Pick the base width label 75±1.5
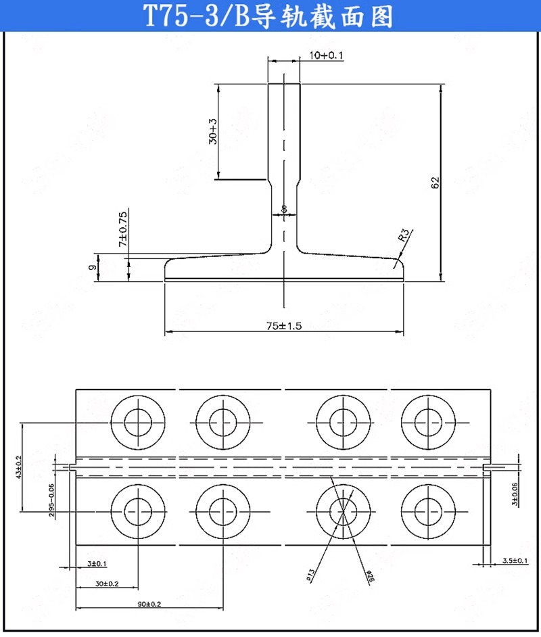[x=283, y=325]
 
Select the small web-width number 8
[x=285, y=209]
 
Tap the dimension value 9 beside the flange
[x=91, y=267]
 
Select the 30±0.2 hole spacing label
[x=105, y=584]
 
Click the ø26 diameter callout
[x=370, y=576]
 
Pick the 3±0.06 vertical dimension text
[x=515, y=494]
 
